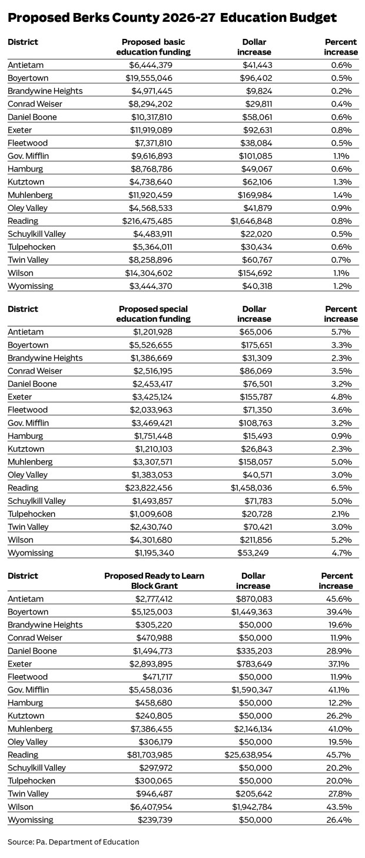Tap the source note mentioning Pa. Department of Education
(74, 841)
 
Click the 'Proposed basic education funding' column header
(156, 47)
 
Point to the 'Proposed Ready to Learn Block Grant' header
(154, 581)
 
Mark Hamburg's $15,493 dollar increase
(256, 423)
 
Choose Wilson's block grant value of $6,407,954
(156, 807)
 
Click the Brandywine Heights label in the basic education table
(45, 91)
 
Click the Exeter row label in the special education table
(20, 397)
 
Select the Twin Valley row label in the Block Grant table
(28, 794)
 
